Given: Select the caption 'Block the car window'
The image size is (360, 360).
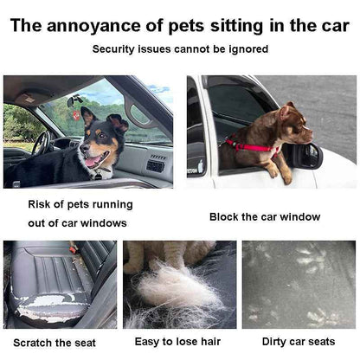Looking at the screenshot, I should pos(264,216).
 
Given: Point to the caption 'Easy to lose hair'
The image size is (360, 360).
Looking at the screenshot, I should pos(179,343).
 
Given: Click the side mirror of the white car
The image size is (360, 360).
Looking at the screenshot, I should pos(305,157).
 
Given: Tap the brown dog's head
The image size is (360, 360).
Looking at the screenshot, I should pos(292,121).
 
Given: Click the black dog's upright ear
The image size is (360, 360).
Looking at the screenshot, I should pos(87,115).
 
